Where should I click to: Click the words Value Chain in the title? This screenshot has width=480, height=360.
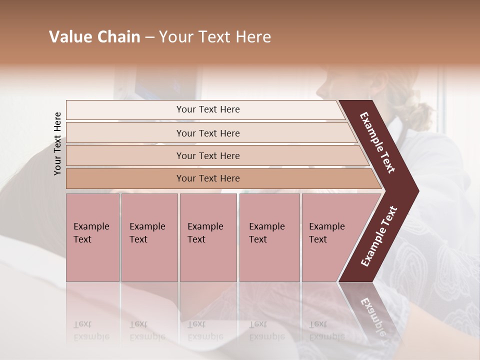pyautogui.click(x=94, y=37)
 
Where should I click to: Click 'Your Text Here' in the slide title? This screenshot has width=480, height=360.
pyautogui.click(x=215, y=37)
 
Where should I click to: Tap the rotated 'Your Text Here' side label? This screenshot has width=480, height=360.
pyautogui.click(x=57, y=143)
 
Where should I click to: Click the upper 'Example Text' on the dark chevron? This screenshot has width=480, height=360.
pyautogui.click(x=378, y=142)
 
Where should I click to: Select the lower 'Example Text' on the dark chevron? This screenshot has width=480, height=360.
pyautogui.click(x=378, y=236)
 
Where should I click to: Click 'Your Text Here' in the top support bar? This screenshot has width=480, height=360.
pyautogui.click(x=208, y=109)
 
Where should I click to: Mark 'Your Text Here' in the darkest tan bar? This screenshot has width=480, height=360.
pyautogui.click(x=208, y=178)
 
